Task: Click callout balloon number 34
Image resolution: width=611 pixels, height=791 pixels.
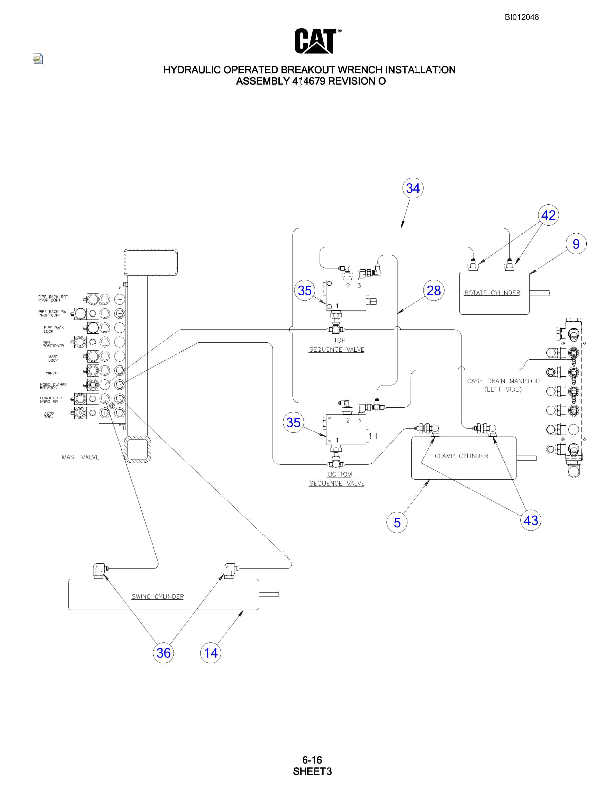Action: tap(413, 188)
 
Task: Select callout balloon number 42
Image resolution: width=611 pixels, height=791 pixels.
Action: tap(548, 215)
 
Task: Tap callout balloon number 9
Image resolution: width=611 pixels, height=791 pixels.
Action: tap(576, 244)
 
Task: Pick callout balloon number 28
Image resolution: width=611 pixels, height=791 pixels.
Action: tap(433, 290)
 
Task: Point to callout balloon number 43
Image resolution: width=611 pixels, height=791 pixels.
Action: tap(531, 520)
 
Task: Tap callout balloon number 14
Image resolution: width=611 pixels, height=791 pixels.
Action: tap(211, 653)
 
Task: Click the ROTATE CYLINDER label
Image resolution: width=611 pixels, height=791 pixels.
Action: tap(492, 293)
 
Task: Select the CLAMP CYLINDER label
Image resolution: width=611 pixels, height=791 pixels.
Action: tap(461, 456)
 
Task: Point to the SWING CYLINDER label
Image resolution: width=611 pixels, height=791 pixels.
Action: tap(157, 596)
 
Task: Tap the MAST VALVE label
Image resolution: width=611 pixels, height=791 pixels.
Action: tap(80, 457)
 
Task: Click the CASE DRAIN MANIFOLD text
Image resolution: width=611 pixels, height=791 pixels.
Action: tap(503, 381)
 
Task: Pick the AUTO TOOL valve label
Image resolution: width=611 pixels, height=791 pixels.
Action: tap(49, 415)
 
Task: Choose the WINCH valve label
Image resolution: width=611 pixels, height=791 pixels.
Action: tap(52, 373)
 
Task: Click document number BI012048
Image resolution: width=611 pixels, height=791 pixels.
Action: tap(522, 17)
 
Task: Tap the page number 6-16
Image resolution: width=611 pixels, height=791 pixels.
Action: tap(312, 760)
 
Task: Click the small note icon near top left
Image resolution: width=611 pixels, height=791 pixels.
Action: tap(38, 59)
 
